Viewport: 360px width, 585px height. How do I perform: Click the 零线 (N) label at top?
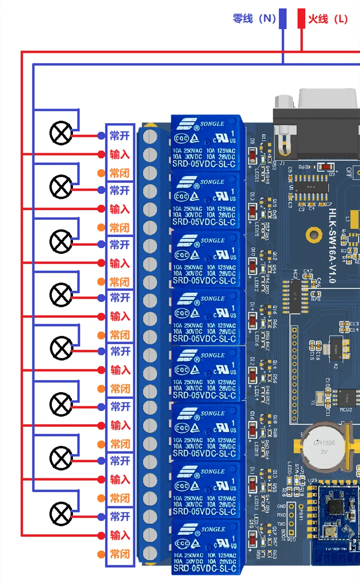pyautogui.click(x=254, y=19)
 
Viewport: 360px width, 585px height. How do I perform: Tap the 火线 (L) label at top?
pyautogui.click(x=328, y=19)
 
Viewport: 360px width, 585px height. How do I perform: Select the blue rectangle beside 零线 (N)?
pyautogui.click(x=283, y=19)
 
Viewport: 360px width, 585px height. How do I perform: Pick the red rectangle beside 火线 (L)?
pyautogui.click(x=301, y=19)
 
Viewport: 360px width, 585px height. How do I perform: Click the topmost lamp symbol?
pyautogui.click(x=61, y=133)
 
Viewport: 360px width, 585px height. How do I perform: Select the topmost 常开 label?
pyautogui.click(x=120, y=135)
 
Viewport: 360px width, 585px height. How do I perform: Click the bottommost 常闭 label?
pyautogui.click(x=120, y=554)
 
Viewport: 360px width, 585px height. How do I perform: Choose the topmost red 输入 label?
pyautogui.click(x=120, y=155)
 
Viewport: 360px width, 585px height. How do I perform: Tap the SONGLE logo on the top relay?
pyautogui.click(x=212, y=124)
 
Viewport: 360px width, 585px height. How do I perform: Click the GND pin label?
pyautogui.click(x=282, y=507)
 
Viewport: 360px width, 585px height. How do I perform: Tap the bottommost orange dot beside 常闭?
pyautogui.click(x=101, y=554)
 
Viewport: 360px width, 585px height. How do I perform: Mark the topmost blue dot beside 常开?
pyautogui.click(x=101, y=135)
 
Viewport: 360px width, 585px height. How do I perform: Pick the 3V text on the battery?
pyautogui.click(x=324, y=451)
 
